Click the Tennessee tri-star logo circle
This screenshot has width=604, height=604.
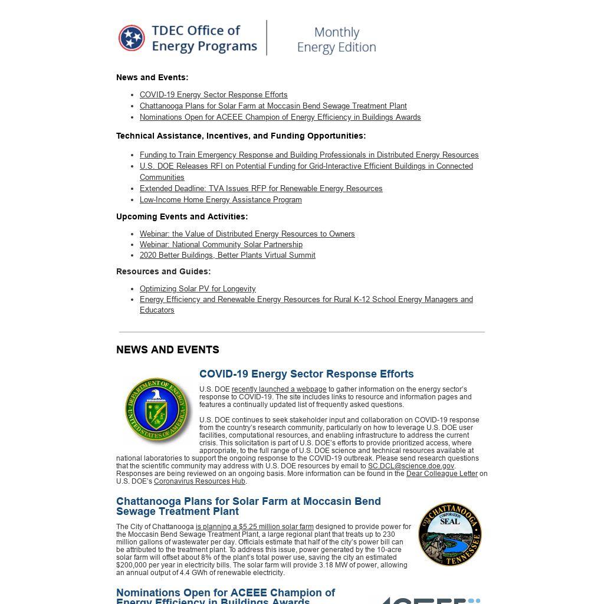coord(132,38)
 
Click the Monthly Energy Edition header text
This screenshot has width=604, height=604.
coord(336,40)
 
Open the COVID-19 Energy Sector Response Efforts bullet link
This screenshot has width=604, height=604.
coord(214,95)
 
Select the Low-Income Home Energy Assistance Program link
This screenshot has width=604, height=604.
coord(221,200)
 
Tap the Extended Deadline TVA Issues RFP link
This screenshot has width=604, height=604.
coord(261,189)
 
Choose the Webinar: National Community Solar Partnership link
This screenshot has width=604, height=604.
coord(221,245)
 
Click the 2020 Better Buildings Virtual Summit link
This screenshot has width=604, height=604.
coord(227,255)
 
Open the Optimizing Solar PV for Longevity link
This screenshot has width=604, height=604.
coord(198,289)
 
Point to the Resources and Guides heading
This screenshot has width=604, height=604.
coord(163,272)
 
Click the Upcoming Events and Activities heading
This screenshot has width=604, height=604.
coord(182,217)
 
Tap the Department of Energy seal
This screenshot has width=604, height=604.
coord(158,411)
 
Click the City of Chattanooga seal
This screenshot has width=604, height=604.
coord(450,534)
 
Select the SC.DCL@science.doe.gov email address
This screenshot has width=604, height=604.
coord(411,466)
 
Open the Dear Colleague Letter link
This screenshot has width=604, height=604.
coord(442,474)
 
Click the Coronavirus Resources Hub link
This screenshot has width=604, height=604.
coord(199,481)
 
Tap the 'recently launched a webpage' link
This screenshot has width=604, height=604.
coord(279,389)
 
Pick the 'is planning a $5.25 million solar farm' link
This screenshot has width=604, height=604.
coord(255,527)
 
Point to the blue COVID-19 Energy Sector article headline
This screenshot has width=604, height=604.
coord(306,374)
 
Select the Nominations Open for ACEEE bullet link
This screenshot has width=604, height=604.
coord(280,117)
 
